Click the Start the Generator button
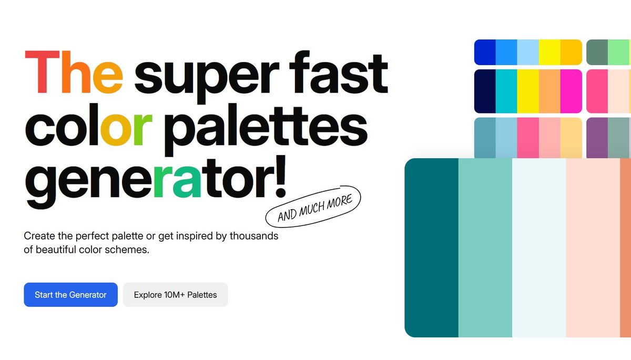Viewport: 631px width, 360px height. click(70, 295)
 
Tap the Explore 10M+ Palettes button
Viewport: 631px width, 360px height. click(176, 295)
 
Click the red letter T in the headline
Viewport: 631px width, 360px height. click(42, 72)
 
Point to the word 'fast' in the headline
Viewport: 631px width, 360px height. click(339, 72)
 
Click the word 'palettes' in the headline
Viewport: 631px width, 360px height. click(266, 129)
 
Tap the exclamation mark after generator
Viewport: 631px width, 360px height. click(281, 176)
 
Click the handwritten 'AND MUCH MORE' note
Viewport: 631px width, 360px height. click(313, 207)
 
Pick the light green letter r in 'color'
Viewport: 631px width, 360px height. click(143, 129)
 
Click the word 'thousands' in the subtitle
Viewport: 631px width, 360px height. click(254, 236)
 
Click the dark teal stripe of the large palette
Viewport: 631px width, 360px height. click(432, 248)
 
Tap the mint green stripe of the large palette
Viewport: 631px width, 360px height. click(485, 248)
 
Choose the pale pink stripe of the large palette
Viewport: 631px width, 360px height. click(593, 248)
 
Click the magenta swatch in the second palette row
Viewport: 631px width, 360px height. click(571, 91)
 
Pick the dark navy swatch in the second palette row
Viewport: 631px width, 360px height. click(485, 91)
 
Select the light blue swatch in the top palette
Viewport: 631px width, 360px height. click(528, 52)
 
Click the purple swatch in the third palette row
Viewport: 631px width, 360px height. click(597, 138)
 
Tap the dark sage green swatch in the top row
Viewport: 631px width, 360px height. click(597, 52)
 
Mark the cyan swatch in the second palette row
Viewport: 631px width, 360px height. click(506, 91)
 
